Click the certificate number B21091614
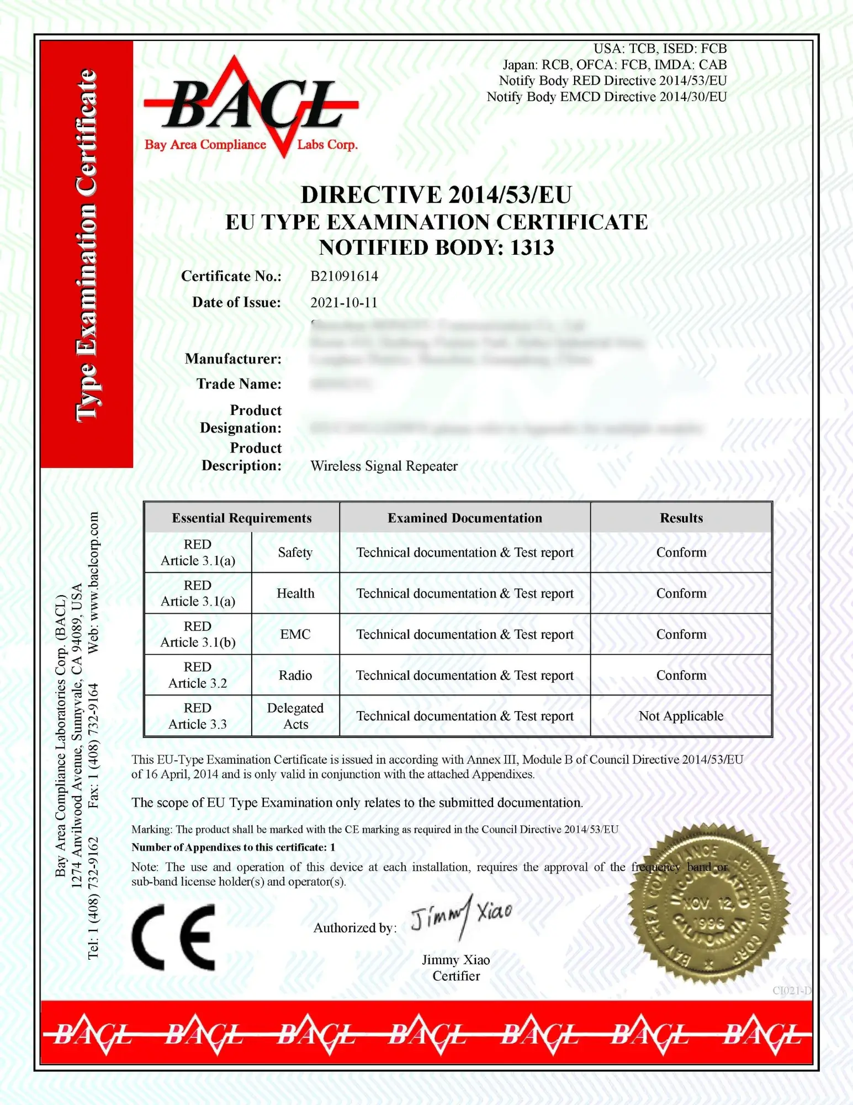click(x=344, y=276)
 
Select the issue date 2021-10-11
click(x=343, y=303)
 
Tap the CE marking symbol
click(x=173, y=938)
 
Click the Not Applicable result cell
click(x=681, y=716)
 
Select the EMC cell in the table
click(x=295, y=634)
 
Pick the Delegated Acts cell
click(x=295, y=716)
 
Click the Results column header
click(x=681, y=518)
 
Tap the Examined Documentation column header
click(x=464, y=518)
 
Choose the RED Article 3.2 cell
click(x=198, y=675)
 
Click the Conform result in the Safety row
click(x=681, y=552)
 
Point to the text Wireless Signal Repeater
click(x=384, y=466)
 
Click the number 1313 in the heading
click(x=532, y=248)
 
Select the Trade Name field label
click(x=239, y=384)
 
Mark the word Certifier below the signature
click(x=456, y=976)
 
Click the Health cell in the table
click(x=295, y=593)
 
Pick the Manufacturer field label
click(x=233, y=359)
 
